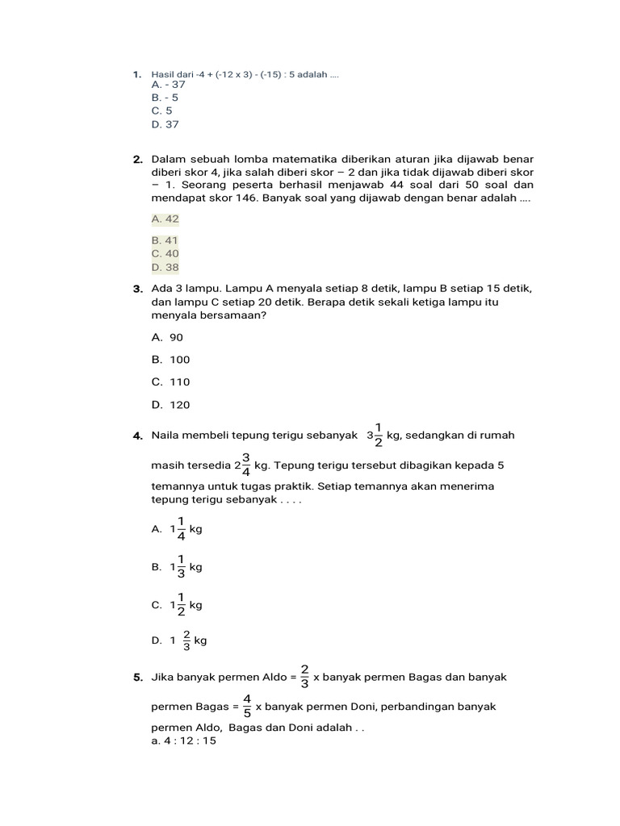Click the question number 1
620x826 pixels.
(137, 75)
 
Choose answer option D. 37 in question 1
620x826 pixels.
(165, 124)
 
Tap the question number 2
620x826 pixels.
(138, 160)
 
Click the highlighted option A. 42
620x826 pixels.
(165, 219)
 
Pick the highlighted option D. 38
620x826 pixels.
(165, 267)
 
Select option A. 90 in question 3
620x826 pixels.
(167, 337)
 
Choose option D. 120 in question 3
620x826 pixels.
(170, 405)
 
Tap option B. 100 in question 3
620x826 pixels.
(170, 360)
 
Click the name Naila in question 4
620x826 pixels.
(166, 436)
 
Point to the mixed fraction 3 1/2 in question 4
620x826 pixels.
(375, 436)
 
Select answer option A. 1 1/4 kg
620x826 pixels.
(176, 529)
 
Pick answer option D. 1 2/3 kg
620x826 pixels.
(178, 640)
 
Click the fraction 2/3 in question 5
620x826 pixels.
(304, 678)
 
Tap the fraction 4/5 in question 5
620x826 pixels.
(246, 707)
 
